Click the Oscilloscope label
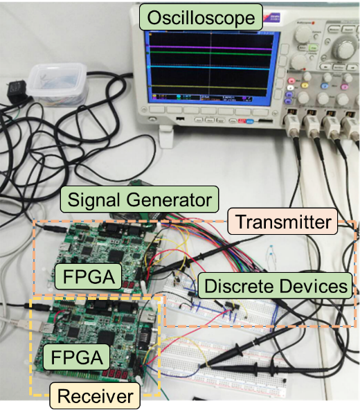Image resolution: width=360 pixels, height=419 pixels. [201, 17]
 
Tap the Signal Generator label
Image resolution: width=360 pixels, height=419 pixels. [139, 199]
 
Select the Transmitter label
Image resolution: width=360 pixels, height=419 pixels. [283, 221]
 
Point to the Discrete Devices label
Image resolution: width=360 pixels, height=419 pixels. [276, 285]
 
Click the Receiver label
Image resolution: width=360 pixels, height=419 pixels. [95, 395]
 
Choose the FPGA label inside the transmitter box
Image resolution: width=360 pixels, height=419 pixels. [89, 276]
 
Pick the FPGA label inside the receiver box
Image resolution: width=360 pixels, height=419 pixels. [77, 357]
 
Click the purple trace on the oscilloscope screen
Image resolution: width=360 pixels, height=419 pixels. [210, 48]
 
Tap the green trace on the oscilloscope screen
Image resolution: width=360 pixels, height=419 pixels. [210, 53]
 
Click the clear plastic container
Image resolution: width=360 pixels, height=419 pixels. [58, 84]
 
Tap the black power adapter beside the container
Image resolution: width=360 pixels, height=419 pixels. [17, 91]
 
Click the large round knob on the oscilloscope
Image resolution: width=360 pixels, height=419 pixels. [343, 47]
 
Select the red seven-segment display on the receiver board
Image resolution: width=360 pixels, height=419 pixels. [115, 375]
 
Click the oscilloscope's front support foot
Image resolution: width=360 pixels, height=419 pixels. [165, 137]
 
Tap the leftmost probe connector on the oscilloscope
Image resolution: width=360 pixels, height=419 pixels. [292, 123]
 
